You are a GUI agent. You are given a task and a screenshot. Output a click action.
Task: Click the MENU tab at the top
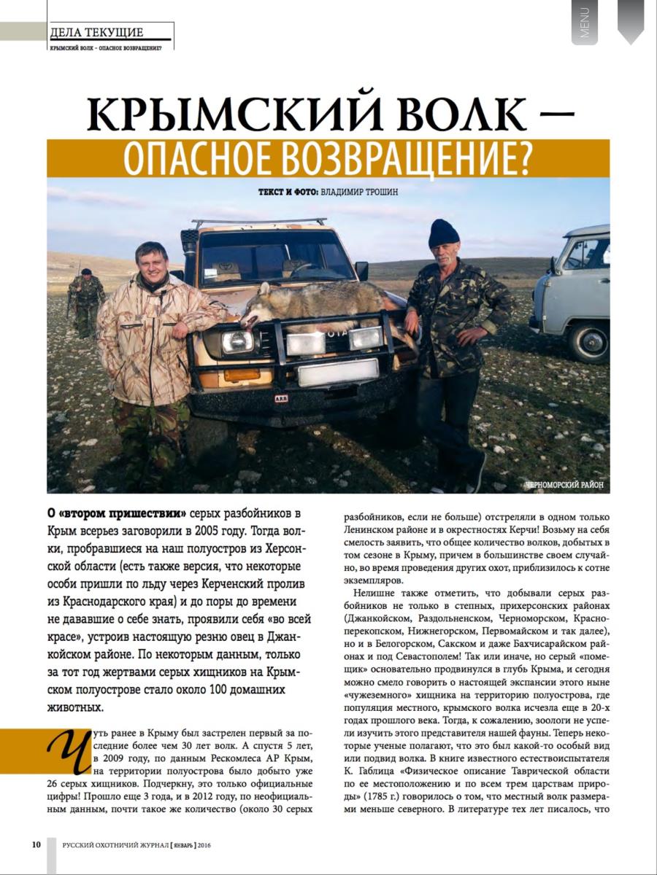584,22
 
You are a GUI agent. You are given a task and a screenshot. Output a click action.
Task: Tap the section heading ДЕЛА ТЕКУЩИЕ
96,32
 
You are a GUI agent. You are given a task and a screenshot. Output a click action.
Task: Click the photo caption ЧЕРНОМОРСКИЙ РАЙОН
564,483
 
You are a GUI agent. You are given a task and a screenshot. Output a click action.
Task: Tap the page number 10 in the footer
36,845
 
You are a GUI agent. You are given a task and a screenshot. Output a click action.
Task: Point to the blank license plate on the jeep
337,373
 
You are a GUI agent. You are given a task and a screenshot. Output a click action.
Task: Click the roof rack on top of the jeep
259,222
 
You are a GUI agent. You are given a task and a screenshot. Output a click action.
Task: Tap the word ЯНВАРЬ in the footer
186,846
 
